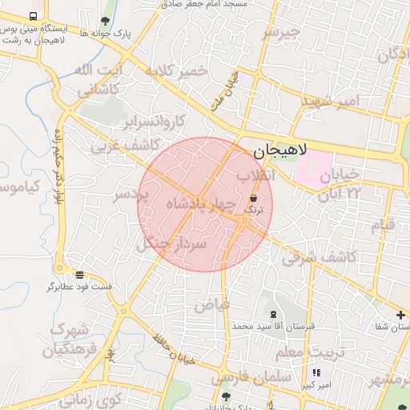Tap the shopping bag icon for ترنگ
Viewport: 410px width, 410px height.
(253, 197)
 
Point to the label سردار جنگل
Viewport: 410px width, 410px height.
(173, 240)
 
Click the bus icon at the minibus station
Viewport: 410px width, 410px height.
(33, 16)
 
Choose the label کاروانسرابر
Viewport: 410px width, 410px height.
(155, 122)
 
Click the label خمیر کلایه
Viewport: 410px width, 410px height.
(176, 71)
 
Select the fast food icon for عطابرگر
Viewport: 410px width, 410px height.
(78, 274)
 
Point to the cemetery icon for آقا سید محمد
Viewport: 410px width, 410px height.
(274, 314)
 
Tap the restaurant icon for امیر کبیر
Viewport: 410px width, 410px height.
(316, 372)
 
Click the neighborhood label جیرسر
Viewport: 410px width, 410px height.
(281, 33)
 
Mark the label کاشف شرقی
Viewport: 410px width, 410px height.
(306, 257)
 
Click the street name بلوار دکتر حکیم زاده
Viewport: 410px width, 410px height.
(58, 165)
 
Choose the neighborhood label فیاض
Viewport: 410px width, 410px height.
(212, 303)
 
